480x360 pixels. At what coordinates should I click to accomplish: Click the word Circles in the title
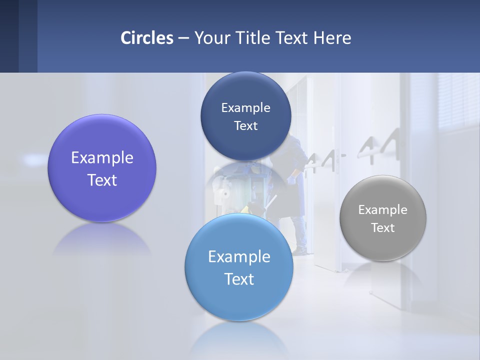pos(146,38)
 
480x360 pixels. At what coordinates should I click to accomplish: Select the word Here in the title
pos(332,38)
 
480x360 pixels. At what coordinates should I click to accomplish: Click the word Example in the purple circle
pos(102,158)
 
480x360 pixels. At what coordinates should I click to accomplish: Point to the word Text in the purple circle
pos(102,180)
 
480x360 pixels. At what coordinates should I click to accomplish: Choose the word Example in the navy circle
pos(245,108)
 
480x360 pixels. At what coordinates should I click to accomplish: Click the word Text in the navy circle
pos(245,126)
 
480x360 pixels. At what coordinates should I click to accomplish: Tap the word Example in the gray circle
pos(383,210)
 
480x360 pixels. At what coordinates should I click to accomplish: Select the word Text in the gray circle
pos(383,228)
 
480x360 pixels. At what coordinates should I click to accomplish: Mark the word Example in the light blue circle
pos(239,257)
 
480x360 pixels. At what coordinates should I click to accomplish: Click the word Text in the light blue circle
pos(239,279)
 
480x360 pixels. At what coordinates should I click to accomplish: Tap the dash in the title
pos(183,38)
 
